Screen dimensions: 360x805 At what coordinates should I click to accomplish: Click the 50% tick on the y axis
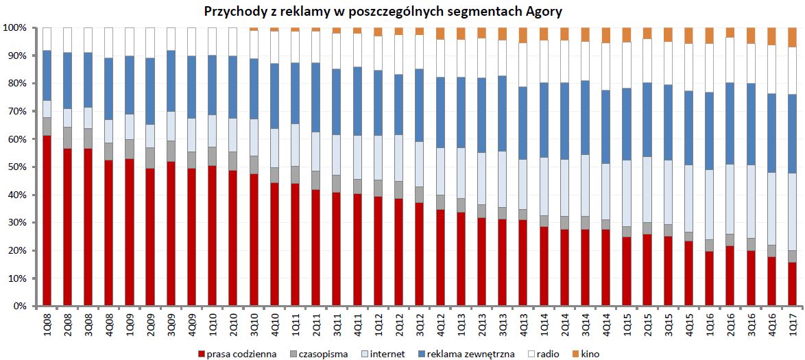tap(14, 167)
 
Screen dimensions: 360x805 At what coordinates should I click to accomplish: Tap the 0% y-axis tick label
tap(18, 307)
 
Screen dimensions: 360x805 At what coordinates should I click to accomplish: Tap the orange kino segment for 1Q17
tap(792, 38)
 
